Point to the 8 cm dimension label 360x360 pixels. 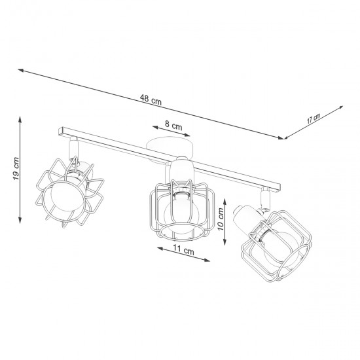click(x=173, y=122)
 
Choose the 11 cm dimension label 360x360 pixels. click(x=184, y=251)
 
